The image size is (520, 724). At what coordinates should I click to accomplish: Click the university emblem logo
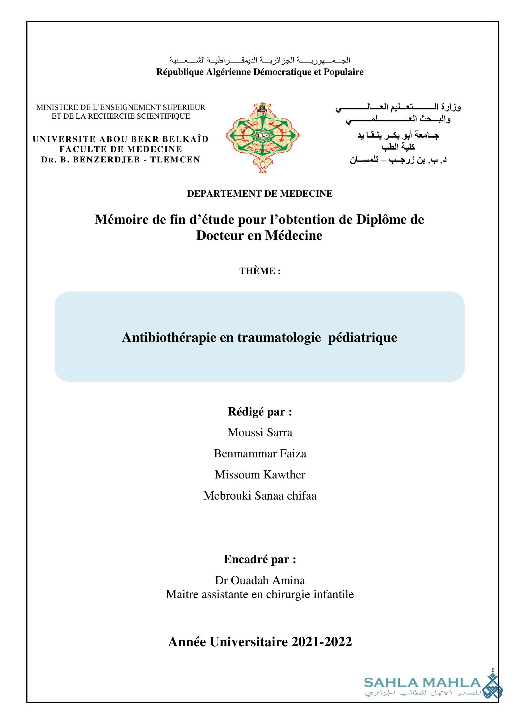[x=263, y=138]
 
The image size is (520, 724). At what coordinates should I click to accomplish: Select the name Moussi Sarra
[x=260, y=433]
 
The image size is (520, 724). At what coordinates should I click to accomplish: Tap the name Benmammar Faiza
[x=260, y=454]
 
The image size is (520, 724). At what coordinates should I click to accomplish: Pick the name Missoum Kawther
[x=260, y=475]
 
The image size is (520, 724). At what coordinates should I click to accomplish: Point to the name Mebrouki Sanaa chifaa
[x=260, y=496]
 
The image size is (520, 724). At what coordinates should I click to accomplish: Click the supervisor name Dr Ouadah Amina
[x=260, y=580]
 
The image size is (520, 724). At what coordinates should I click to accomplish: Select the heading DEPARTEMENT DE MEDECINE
[x=259, y=194]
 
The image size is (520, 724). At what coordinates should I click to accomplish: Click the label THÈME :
[x=260, y=271]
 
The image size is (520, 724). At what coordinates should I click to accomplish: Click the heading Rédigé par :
[x=260, y=412]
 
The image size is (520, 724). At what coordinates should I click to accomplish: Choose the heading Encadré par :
[x=260, y=559]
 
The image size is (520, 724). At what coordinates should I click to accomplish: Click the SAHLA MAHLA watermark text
[x=422, y=683]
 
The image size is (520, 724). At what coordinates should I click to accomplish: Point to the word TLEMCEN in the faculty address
[x=175, y=160]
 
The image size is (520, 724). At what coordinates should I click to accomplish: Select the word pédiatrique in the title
[x=362, y=337]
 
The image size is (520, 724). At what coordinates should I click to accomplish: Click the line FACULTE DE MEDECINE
[x=120, y=149]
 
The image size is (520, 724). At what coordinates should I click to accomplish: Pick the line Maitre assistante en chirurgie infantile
[x=260, y=594]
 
